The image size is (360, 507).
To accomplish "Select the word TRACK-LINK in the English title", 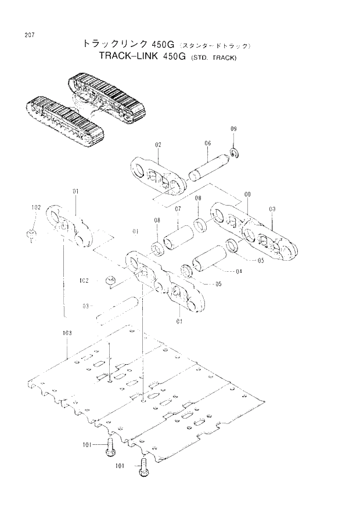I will [x=131, y=57].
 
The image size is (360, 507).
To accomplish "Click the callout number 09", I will [x=233, y=128].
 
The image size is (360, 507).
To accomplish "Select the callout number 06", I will [x=207, y=143].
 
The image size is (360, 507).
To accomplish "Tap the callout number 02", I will [x=158, y=144].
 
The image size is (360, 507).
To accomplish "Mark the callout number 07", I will [x=178, y=208].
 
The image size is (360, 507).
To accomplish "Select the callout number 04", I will [x=239, y=271].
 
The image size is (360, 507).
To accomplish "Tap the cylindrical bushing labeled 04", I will [x=212, y=258].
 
